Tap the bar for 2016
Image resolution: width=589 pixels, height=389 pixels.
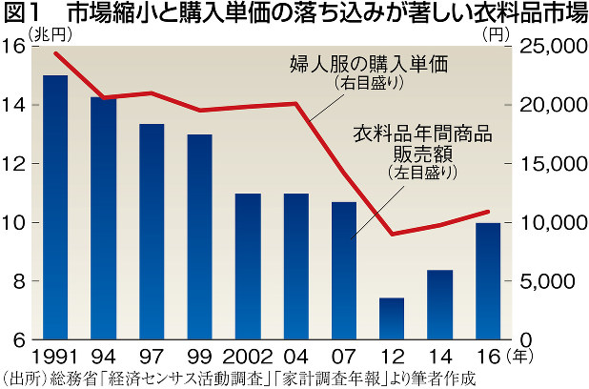click(488, 281)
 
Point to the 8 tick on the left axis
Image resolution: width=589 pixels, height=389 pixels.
click(19, 282)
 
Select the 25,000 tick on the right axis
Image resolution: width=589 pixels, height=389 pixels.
click(552, 47)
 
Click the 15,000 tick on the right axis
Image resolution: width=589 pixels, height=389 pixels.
click(552, 164)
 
